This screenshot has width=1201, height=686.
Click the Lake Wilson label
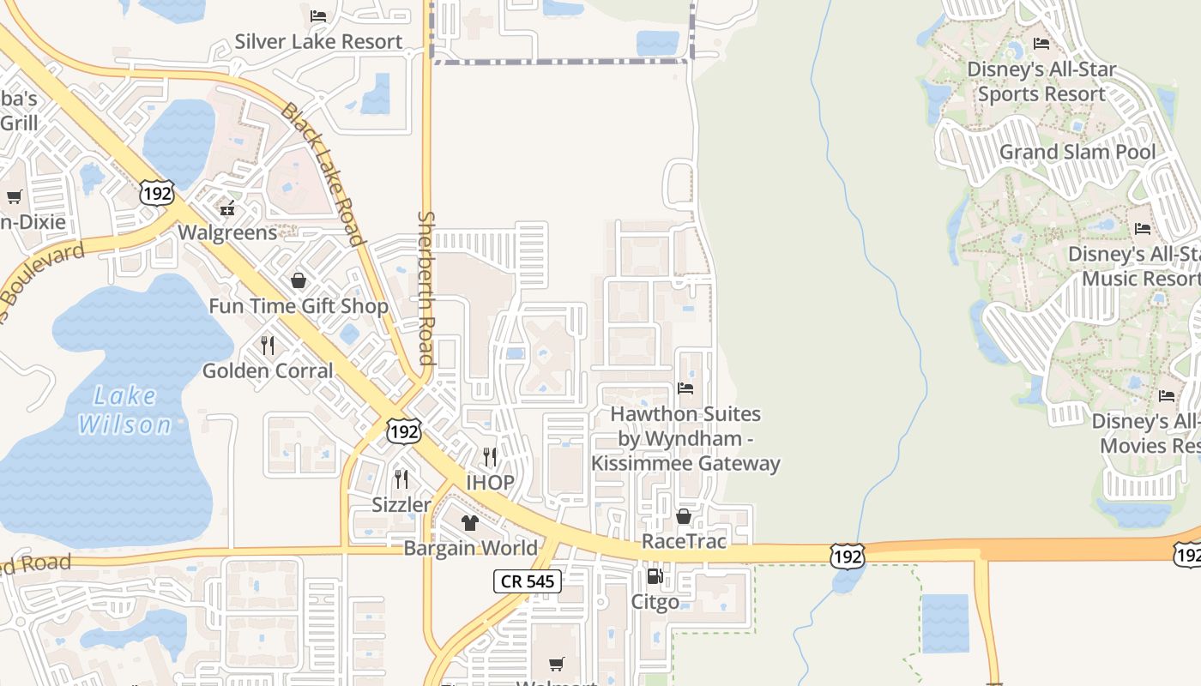tap(125, 410)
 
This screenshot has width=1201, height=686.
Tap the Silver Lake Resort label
tap(318, 41)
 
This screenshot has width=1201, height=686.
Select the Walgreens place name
tap(227, 232)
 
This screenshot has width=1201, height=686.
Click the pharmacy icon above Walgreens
tap(227, 208)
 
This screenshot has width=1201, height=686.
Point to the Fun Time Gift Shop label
tap(299, 306)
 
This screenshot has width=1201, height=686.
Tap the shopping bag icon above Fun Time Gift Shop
tap(299, 280)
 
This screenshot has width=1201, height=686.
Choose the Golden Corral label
tap(268, 370)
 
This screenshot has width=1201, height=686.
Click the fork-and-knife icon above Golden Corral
tap(268, 346)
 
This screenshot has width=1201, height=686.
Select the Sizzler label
tap(401, 504)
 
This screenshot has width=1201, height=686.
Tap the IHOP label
tap(490, 482)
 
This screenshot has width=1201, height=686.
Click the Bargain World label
tap(471, 548)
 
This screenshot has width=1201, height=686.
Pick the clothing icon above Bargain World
tap(469, 522)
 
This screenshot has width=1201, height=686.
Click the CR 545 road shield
tap(528, 581)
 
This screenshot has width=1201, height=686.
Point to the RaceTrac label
tap(684, 541)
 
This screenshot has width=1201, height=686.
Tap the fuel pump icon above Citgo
tap(655, 576)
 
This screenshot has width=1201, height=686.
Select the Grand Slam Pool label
tap(1077, 152)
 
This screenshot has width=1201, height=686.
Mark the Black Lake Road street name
tap(323, 174)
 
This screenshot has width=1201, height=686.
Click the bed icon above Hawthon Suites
tap(685, 388)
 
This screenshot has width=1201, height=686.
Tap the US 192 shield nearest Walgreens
tap(158, 192)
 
